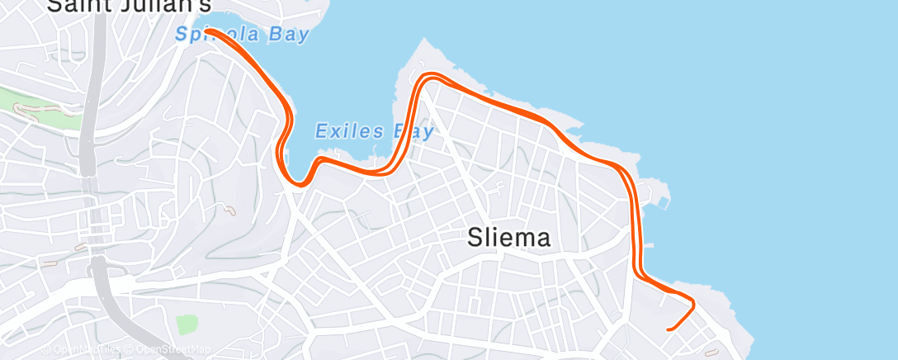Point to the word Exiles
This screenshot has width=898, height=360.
click(349, 130)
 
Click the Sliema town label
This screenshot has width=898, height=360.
click(508, 239)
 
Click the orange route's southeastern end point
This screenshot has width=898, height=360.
click(668, 329)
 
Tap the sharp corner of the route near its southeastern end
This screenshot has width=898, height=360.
click(692, 303)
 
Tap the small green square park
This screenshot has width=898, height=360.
click(187, 324)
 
